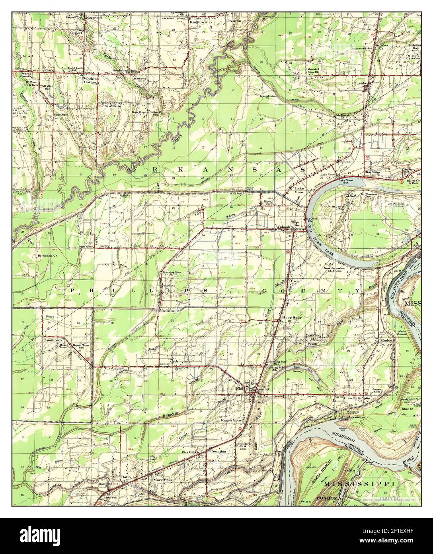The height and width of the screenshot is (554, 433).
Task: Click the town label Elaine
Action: (x=241, y=388)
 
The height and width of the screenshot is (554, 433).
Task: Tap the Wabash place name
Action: (x=283, y=227)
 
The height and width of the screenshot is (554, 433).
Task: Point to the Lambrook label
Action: (x=53, y=340)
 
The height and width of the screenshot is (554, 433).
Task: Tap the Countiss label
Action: (x=218, y=452)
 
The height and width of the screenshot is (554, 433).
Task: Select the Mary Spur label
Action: (x=163, y=480)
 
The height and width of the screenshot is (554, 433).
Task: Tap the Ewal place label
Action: (x=295, y=281)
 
